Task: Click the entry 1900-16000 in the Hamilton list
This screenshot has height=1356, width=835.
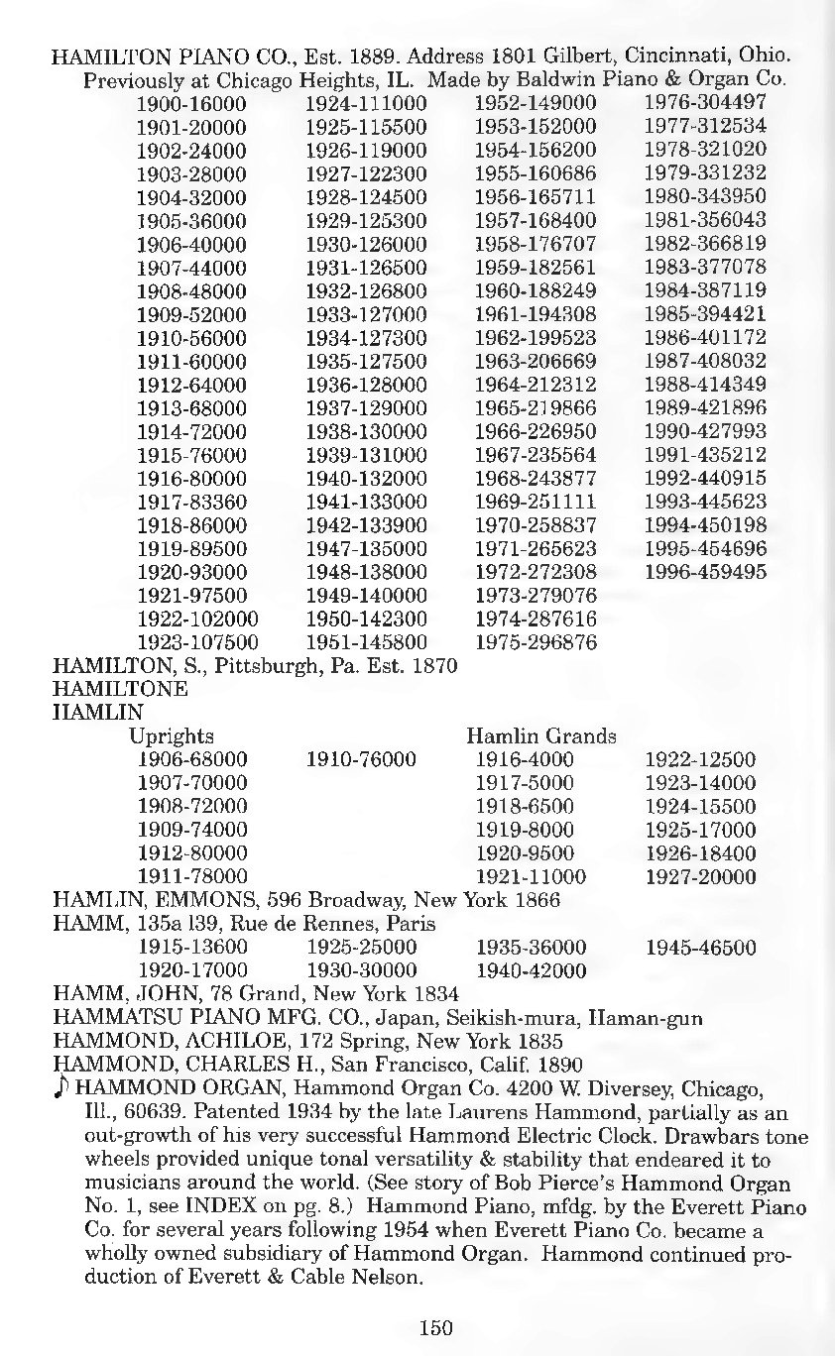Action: tap(190, 103)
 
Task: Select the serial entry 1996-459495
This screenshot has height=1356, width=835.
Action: tap(705, 572)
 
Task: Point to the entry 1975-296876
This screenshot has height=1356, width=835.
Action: tap(536, 642)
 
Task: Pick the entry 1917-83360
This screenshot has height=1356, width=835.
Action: tap(190, 502)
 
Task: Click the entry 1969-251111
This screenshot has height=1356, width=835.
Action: tap(536, 502)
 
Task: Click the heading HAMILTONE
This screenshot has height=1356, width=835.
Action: tap(119, 689)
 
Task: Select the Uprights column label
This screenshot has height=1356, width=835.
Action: tap(172, 736)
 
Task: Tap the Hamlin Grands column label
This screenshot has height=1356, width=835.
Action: tap(541, 736)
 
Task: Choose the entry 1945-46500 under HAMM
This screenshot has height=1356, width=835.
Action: tap(700, 948)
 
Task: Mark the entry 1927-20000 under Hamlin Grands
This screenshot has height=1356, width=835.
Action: tap(700, 877)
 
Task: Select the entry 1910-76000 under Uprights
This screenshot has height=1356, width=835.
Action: tap(361, 760)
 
